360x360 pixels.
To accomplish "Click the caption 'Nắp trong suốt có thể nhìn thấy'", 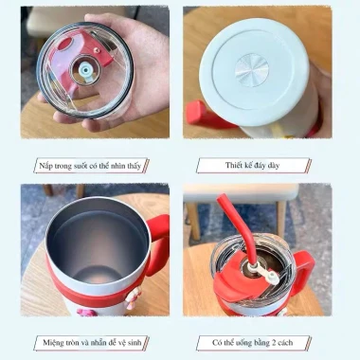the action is point(90,166).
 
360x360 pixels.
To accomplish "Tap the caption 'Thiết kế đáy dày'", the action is point(252,165).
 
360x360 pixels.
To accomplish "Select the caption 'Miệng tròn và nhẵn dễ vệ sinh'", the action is point(92,342).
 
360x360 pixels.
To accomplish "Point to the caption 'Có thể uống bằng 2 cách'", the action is point(252,342).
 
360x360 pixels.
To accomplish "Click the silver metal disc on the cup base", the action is point(252,70).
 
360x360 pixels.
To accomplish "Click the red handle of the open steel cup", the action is point(158,243).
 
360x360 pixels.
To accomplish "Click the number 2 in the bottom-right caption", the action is point(275,343).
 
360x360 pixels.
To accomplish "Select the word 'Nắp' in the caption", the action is point(45,166).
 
